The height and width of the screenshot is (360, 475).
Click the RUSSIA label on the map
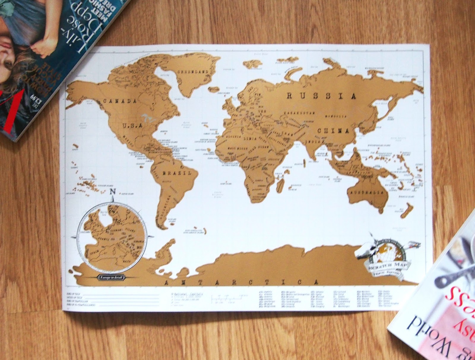click(321, 96)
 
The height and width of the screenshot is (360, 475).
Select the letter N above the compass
click(113, 192)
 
